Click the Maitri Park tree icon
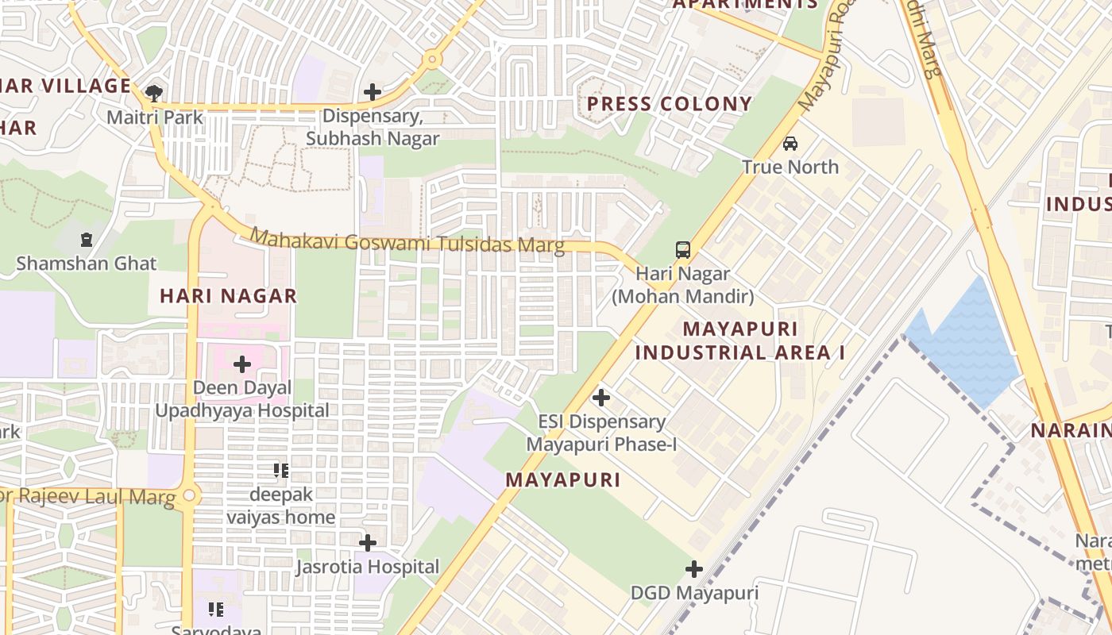pos(154,93)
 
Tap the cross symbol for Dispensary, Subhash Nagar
pos(373,92)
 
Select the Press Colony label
pos(669,104)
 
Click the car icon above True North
pos(790,144)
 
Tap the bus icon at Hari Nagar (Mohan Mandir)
pos(683,250)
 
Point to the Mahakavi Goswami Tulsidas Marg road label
pos(407,241)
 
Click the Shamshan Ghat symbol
pos(86,239)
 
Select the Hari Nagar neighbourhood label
pos(228,296)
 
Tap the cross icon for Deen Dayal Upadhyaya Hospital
pos(242,364)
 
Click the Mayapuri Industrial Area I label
pos(740,341)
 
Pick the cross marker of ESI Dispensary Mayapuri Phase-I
pos(601,397)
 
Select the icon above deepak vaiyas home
pos(280,471)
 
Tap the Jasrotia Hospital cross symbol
pos(368,543)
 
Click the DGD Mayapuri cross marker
pos(694,569)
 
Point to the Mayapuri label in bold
pos(563,480)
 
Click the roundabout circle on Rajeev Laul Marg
pos(189,496)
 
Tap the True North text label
pos(790,167)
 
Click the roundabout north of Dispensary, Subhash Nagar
pos(432,59)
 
